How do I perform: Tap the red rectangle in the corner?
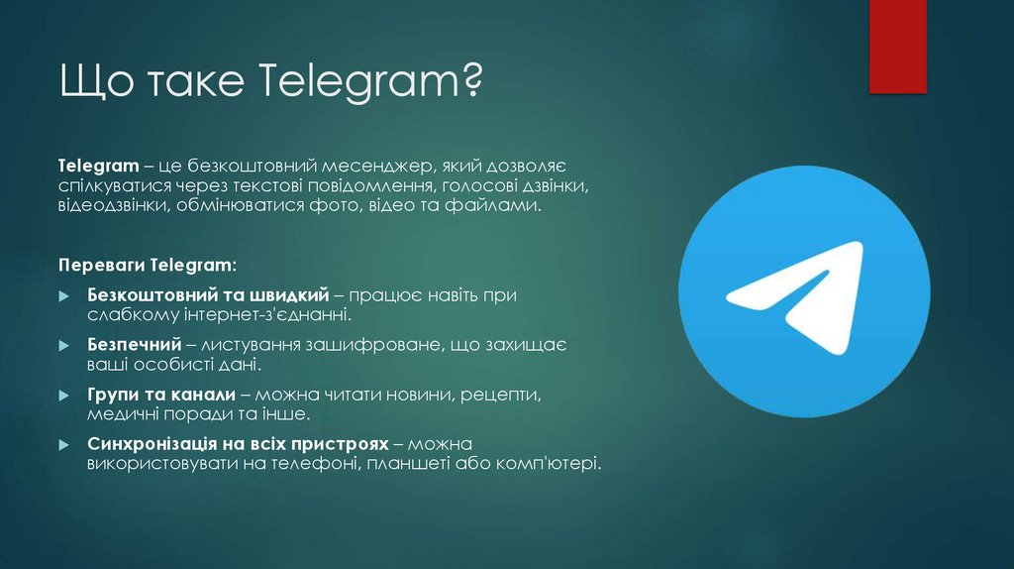click(x=897, y=46)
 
